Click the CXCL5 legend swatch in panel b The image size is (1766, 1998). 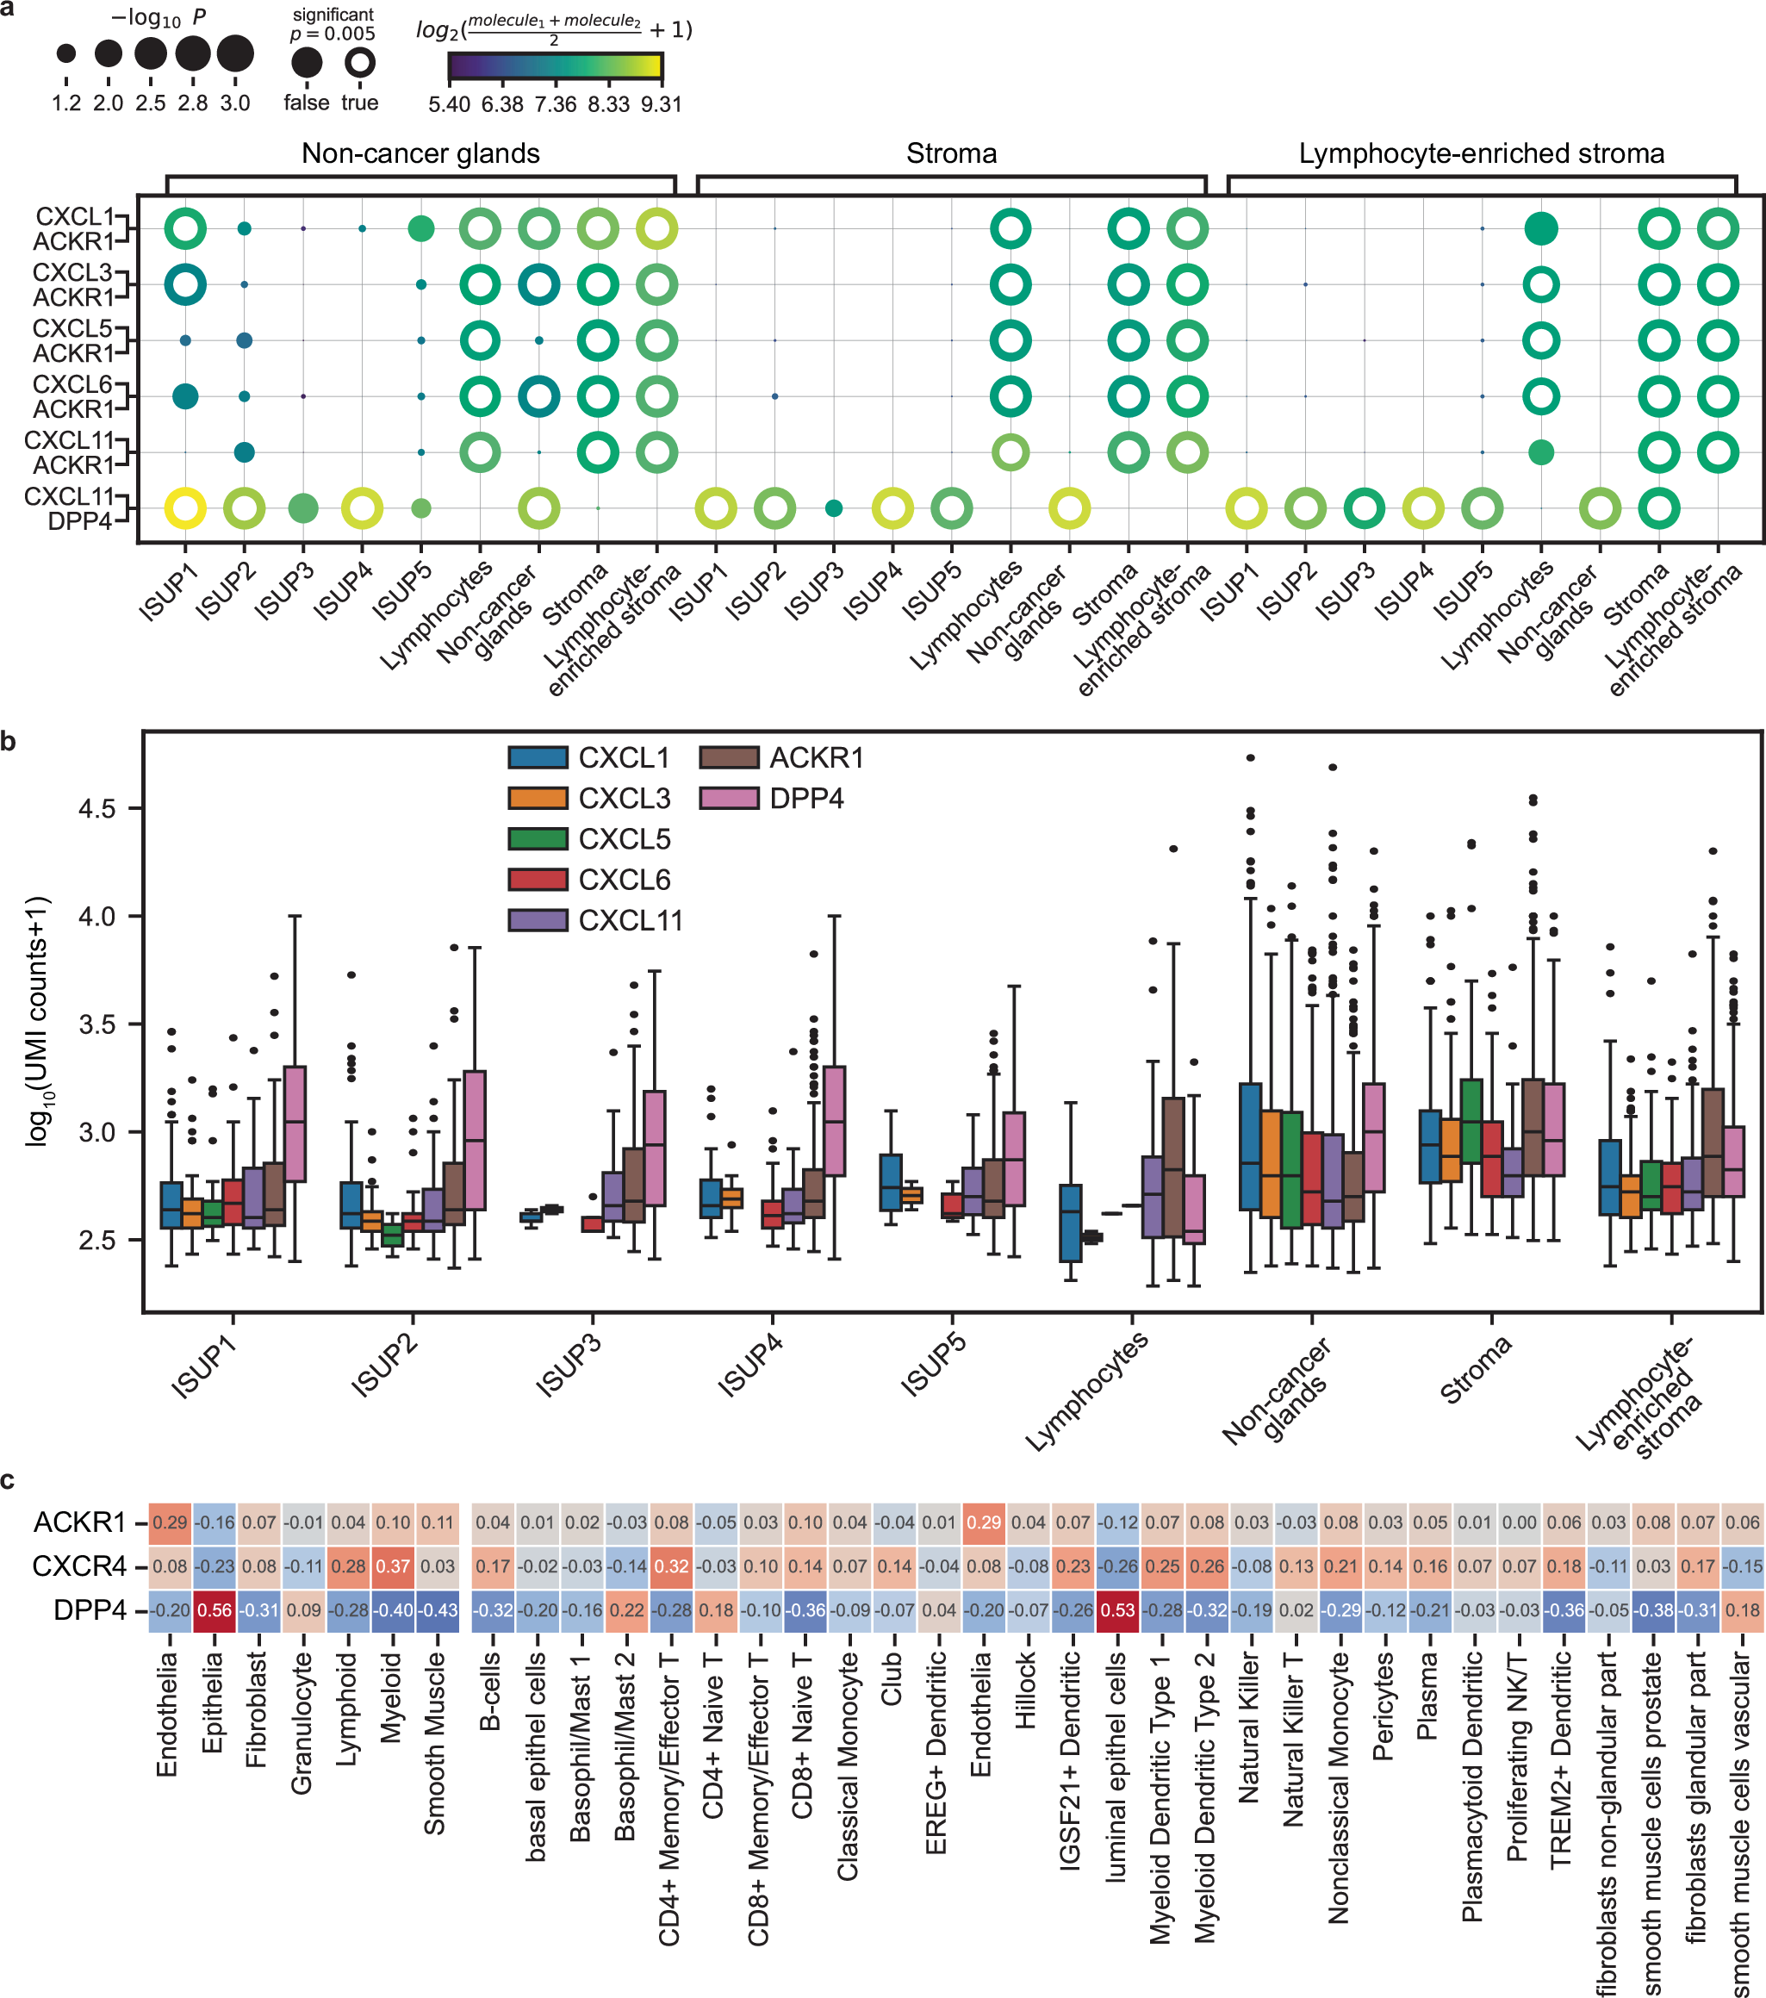[x=538, y=838]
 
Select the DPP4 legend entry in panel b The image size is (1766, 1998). [x=805, y=799]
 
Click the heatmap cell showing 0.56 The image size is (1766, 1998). [x=215, y=1610]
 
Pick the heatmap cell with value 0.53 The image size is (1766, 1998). [x=1118, y=1610]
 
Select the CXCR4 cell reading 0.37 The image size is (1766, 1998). [x=393, y=1566]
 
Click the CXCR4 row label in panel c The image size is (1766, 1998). [x=79, y=1566]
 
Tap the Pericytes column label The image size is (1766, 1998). [x=1382, y=1706]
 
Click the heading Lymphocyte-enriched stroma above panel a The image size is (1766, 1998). [x=1481, y=153]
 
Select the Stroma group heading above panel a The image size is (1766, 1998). [x=951, y=153]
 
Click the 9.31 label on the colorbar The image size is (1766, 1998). [x=661, y=103]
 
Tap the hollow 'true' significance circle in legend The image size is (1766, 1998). [x=359, y=64]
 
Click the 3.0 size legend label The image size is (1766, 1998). [x=234, y=103]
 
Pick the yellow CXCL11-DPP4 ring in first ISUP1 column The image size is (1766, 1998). [x=186, y=508]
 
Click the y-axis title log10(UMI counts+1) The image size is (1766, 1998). [x=37, y=1022]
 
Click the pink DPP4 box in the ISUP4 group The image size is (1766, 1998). [x=835, y=1120]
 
